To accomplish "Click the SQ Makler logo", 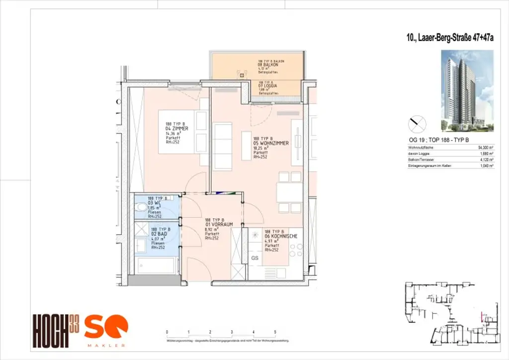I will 105,330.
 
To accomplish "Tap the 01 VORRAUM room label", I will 218,225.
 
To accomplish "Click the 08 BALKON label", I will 266,65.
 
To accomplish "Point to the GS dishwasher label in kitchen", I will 254,259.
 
